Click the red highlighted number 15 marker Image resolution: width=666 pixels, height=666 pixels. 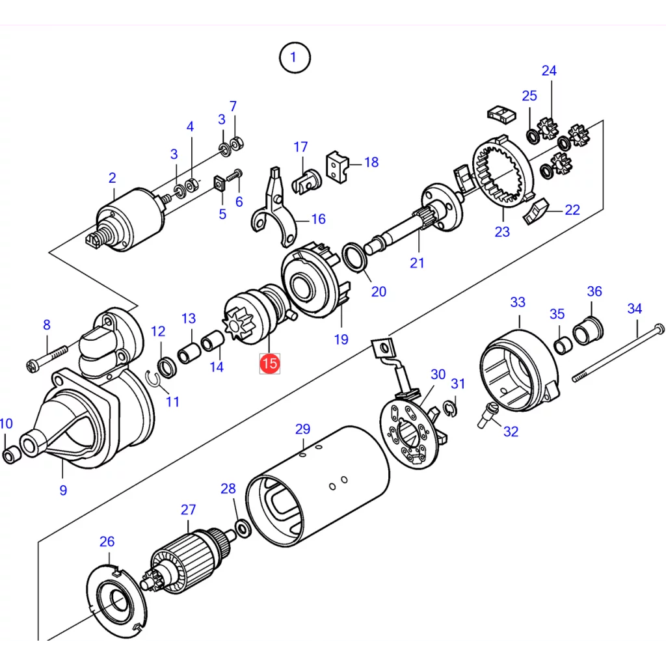coord(269,363)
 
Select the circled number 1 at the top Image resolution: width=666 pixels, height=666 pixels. coord(293,58)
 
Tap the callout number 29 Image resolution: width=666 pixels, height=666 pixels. coord(303,429)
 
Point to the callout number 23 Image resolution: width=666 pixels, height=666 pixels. coord(502,231)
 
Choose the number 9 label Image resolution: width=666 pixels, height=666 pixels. coord(63,490)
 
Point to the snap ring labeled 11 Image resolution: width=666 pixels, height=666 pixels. coord(155,380)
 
